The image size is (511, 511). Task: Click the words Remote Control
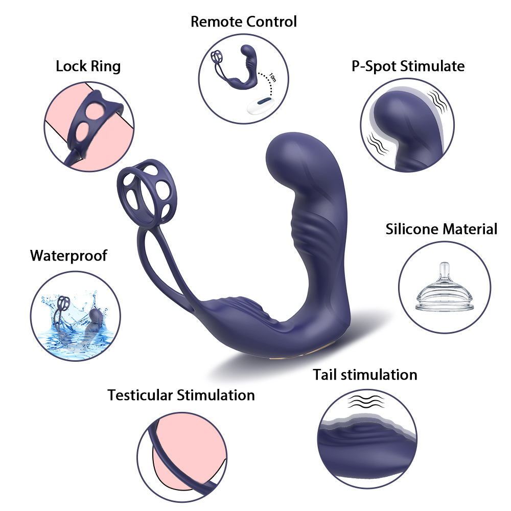coord(243,21)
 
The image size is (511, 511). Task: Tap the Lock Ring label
coord(88,66)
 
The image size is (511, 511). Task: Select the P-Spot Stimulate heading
coord(408,66)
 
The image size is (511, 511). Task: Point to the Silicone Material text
coord(441,228)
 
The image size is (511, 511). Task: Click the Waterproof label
coord(69,255)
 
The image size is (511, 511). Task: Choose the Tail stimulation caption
coord(365,375)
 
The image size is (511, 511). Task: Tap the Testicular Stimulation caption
coord(181,394)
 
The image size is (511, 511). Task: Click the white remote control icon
coord(262,106)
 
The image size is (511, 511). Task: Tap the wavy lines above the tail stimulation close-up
coord(366,402)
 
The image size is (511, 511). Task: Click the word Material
coord(470,228)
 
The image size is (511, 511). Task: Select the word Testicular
coord(140,394)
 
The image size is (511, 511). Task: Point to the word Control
coord(271,21)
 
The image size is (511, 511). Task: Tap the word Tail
coord(326,375)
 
